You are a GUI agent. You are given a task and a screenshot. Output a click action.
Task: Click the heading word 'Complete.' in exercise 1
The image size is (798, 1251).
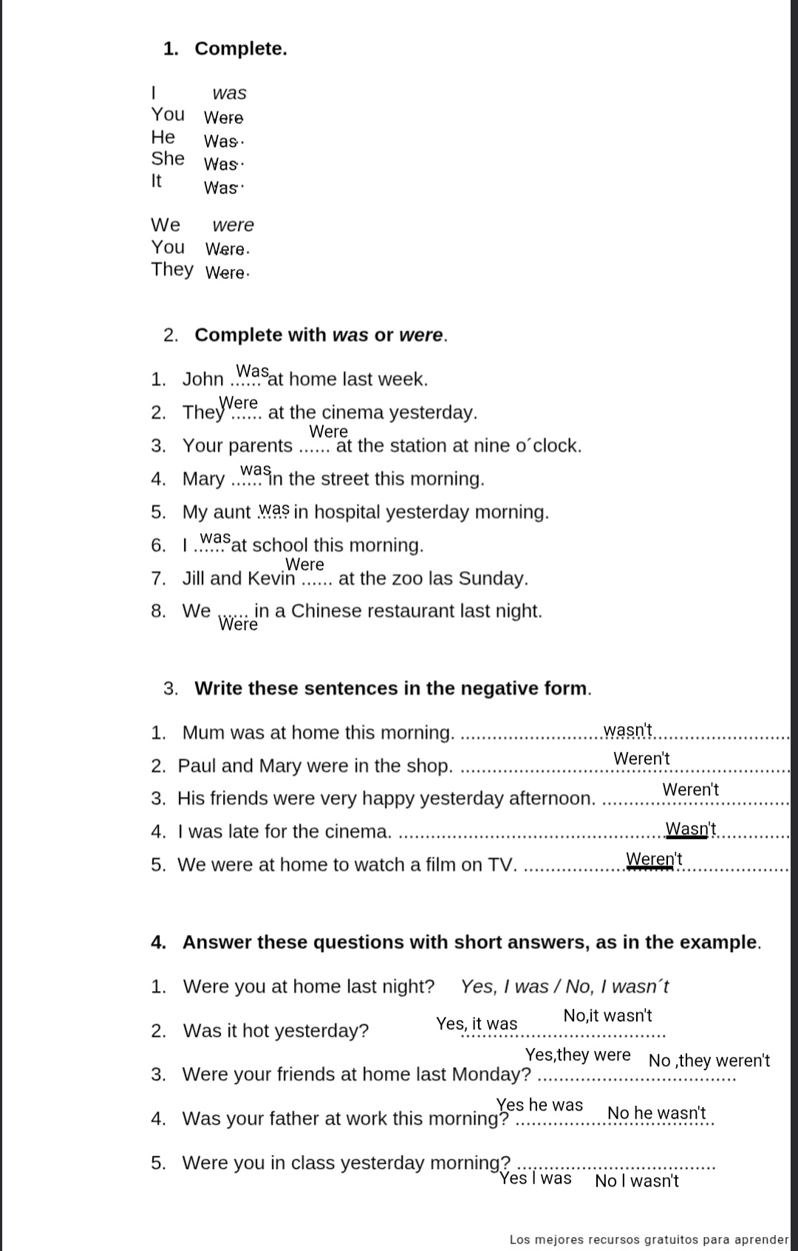pyautogui.click(x=240, y=49)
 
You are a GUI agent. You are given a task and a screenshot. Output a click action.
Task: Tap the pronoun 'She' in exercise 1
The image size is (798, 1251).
pyautogui.click(x=168, y=159)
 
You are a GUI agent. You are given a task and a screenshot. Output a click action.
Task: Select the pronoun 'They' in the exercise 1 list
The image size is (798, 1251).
pyautogui.click(x=172, y=270)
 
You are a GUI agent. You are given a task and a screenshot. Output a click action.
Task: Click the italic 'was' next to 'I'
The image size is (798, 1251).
pyautogui.click(x=229, y=93)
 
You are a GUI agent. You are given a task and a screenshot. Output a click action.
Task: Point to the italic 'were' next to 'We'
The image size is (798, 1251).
pyautogui.click(x=233, y=225)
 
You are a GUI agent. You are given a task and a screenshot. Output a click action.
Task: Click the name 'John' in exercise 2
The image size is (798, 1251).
pyautogui.click(x=202, y=380)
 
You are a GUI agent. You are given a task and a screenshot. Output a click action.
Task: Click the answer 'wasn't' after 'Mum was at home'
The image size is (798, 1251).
pyautogui.click(x=627, y=730)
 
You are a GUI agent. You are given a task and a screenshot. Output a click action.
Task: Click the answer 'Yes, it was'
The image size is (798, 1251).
pyautogui.click(x=477, y=1024)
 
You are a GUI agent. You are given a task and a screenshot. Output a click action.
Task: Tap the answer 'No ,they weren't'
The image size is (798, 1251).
pyautogui.click(x=709, y=1061)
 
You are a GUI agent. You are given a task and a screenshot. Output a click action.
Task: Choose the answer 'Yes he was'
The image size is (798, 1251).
pyautogui.click(x=539, y=1105)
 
